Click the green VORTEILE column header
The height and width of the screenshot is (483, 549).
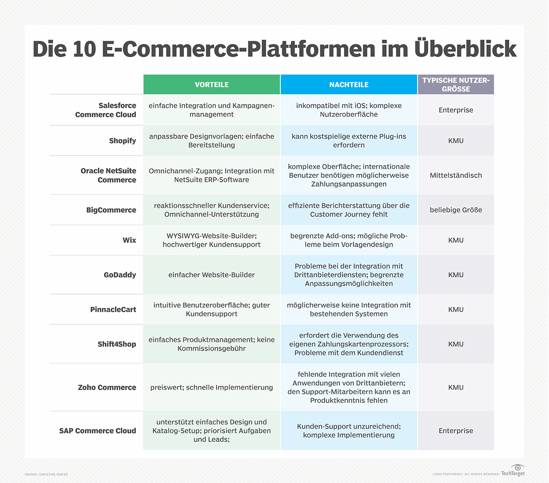pos(212,85)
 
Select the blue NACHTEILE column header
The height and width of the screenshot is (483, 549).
pos(349,85)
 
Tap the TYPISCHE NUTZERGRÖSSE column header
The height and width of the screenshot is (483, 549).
pos(456,85)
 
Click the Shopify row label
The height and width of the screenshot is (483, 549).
pos(123,140)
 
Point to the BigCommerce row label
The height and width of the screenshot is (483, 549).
pos(111,210)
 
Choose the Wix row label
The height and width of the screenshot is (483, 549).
pos(129,240)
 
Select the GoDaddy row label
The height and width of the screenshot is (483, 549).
pos(120,275)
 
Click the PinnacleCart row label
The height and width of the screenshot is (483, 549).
pos(113,310)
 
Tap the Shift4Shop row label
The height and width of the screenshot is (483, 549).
pos(117,344)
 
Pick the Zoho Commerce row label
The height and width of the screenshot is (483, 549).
pos(107,387)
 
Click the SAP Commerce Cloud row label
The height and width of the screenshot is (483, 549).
pos(97,431)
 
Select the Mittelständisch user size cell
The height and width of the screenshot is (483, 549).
pos(456,175)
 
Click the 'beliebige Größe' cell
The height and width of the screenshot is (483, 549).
pos(456,210)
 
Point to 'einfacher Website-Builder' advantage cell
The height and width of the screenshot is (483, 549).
pos(212,275)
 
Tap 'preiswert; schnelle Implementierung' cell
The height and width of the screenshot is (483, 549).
pos(212,387)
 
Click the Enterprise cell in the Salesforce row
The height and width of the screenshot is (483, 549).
pos(456,110)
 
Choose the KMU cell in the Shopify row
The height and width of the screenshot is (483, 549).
pos(456,140)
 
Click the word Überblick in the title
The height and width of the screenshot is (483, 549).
pos(465,48)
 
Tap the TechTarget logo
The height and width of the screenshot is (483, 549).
pos(513,470)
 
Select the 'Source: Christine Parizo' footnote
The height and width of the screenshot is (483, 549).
pos(46,474)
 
